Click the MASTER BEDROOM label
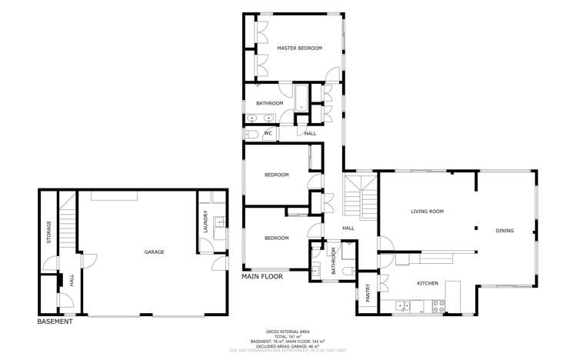[x=299, y=48]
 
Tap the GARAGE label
[x=154, y=252]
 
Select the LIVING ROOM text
[x=427, y=211]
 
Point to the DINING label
[x=504, y=230]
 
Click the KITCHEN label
[x=428, y=283]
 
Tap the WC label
[x=268, y=133]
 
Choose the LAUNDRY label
[x=205, y=222]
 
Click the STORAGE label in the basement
[x=49, y=233]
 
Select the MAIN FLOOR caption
[x=262, y=275]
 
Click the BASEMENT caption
[x=55, y=322]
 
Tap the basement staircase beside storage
[x=68, y=223]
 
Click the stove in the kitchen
[x=438, y=305]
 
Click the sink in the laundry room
[x=220, y=222]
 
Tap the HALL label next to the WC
[x=310, y=133]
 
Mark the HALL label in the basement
[x=72, y=282]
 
